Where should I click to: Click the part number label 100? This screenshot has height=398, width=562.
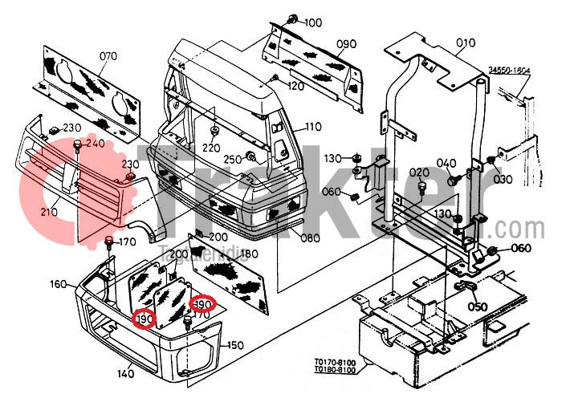[x=312, y=22]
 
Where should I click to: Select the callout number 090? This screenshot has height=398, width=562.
[x=346, y=43]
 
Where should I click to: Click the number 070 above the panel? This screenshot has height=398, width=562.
[x=108, y=55]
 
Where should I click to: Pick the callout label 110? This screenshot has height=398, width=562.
[x=312, y=127]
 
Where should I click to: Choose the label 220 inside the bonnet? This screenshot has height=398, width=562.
[x=211, y=148]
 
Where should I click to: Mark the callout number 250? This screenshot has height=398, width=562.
[x=233, y=159]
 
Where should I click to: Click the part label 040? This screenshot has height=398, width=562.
[x=446, y=164]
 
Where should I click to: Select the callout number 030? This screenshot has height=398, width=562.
[x=503, y=179]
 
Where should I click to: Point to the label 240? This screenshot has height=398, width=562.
[x=96, y=143]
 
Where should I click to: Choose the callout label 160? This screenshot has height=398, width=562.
[x=58, y=283]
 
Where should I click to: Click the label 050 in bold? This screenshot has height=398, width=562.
[x=478, y=307]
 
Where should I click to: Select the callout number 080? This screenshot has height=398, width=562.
[x=311, y=238]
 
